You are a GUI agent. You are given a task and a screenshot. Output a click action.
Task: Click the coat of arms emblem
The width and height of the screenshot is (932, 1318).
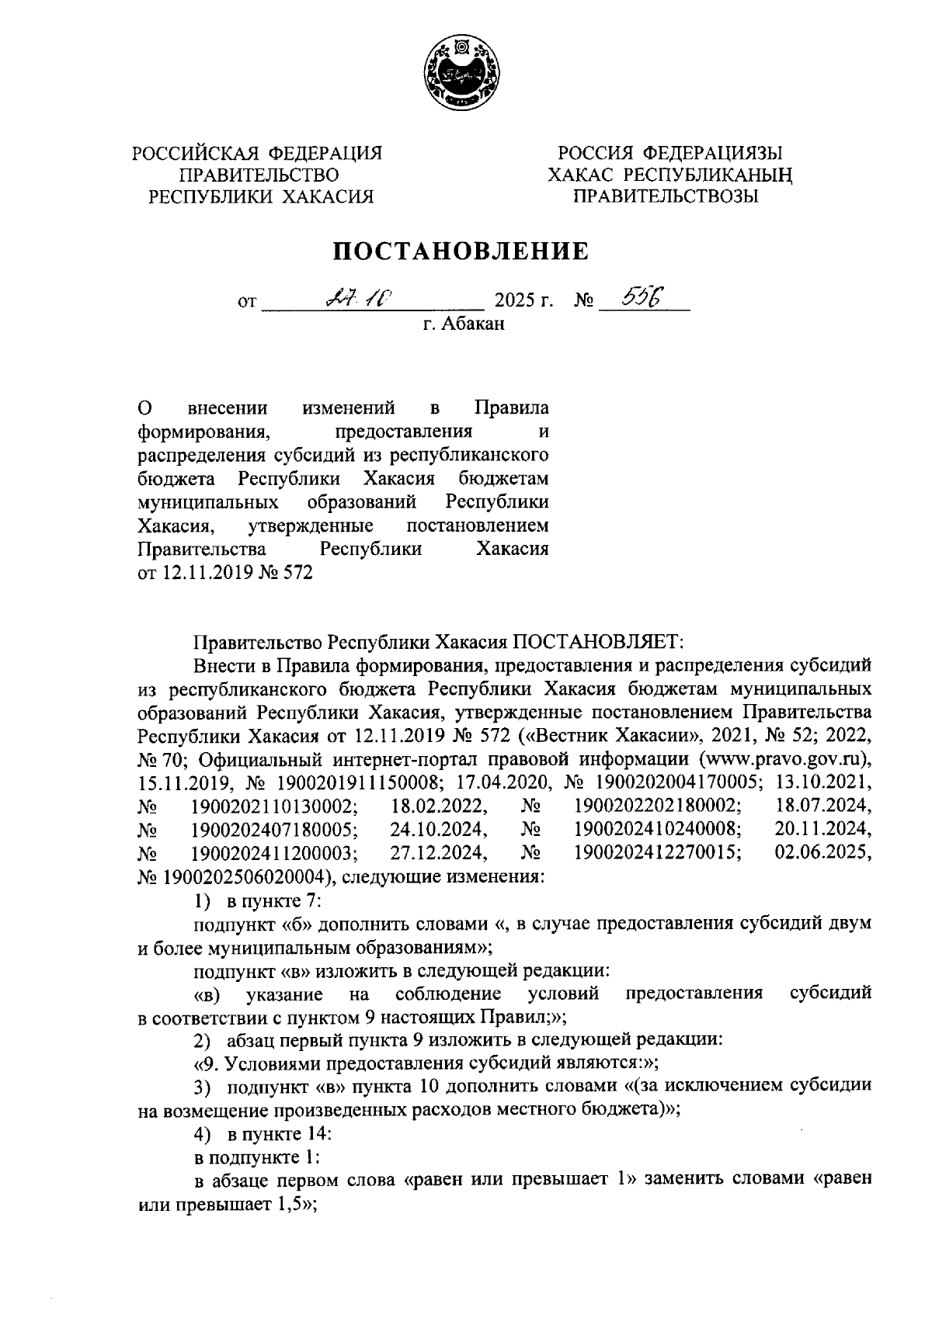tap(464, 72)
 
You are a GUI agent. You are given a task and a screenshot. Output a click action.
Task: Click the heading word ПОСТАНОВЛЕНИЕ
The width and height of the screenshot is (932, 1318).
tap(461, 251)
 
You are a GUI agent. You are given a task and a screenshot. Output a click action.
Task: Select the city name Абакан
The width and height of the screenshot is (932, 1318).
tap(475, 324)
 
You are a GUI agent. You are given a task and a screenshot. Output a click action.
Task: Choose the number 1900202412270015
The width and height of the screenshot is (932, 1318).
tap(657, 853)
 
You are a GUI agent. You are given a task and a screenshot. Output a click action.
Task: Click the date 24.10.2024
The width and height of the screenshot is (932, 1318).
tap(439, 829)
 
